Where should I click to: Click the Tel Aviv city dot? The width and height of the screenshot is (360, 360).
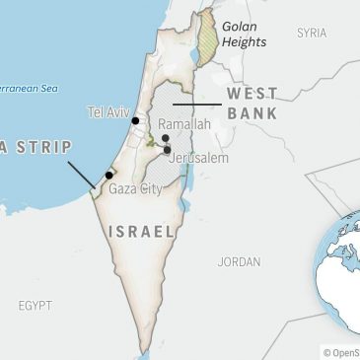(136, 120)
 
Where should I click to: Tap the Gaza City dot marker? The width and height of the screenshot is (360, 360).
(109, 175)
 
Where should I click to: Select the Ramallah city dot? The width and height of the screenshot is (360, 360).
(165, 139)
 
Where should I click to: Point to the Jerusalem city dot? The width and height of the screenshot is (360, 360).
(167, 150)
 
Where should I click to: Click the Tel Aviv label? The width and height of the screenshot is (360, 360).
(108, 111)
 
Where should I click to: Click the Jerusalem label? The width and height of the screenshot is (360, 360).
(199, 158)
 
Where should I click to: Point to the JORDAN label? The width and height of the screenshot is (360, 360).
(240, 262)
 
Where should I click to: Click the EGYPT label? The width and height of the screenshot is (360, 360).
(35, 306)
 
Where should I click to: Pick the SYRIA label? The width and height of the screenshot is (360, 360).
(312, 33)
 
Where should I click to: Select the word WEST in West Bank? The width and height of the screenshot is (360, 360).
(252, 93)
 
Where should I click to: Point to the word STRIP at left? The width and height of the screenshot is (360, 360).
(44, 148)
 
